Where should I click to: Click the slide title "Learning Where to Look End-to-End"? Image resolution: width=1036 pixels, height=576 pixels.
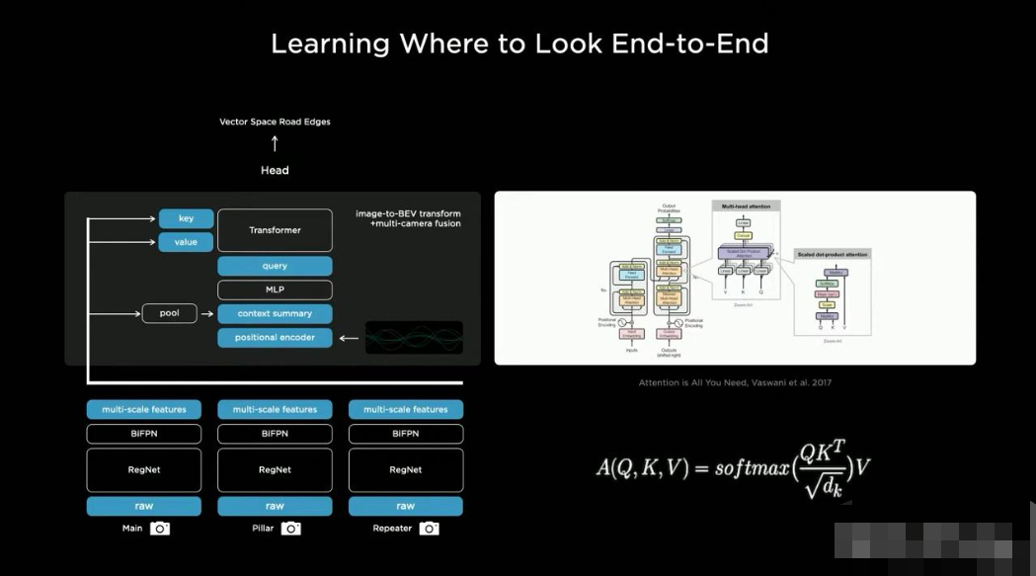pyautogui.click(x=518, y=44)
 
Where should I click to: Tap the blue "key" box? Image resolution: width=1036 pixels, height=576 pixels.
pyautogui.click(x=186, y=218)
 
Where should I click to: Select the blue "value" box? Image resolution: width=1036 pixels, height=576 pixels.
pyautogui.click(x=186, y=242)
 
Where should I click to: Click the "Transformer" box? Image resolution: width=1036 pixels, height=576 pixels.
pyautogui.click(x=275, y=230)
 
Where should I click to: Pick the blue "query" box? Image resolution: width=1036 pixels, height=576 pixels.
pyautogui.click(x=275, y=266)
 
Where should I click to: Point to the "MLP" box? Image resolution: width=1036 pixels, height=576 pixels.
pyautogui.click(x=275, y=289)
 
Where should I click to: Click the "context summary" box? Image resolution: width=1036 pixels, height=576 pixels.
pyautogui.click(x=275, y=313)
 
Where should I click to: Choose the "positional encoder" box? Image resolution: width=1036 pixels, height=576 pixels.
pyautogui.click(x=275, y=338)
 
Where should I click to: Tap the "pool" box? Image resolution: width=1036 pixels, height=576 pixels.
pyautogui.click(x=170, y=313)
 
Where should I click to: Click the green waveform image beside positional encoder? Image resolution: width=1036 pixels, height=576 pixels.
pyautogui.click(x=414, y=338)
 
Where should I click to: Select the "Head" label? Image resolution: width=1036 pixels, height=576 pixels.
pyautogui.click(x=275, y=170)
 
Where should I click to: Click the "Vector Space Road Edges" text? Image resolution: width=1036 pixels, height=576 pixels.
pyautogui.click(x=275, y=122)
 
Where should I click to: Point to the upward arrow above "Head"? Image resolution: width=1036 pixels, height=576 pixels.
pyautogui.click(x=275, y=144)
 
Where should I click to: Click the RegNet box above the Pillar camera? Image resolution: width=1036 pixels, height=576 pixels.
pyautogui.click(x=275, y=470)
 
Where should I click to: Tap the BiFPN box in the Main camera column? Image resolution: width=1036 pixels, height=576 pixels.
pyautogui.click(x=144, y=434)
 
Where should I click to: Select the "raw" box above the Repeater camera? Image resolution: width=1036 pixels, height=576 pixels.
pyautogui.click(x=405, y=506)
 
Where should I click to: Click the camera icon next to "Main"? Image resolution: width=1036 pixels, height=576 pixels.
pyautogui.click(x=160, y=529)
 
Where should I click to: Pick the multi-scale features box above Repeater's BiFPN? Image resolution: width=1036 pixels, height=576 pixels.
pyautogui.click(x=405, y=409)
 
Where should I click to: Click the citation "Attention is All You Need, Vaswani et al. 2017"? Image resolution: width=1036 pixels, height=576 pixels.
pyautogui.click(x=735, y=382)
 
